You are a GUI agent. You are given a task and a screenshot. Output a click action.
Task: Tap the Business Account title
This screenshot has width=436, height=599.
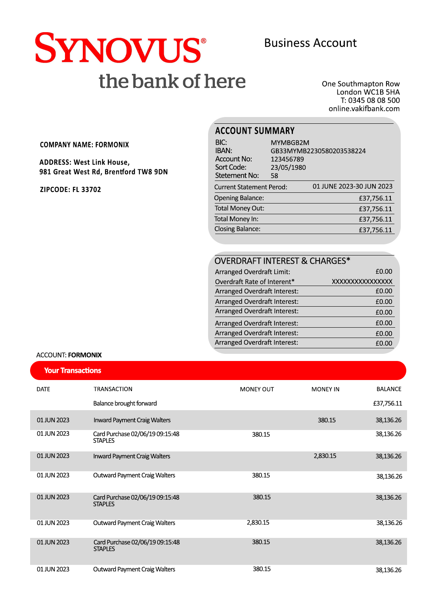point(310,43)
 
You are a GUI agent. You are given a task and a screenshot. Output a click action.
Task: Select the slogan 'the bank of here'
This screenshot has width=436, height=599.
point(172,81)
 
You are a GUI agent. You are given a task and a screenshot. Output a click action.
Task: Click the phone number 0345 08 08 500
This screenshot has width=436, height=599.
point(374,100)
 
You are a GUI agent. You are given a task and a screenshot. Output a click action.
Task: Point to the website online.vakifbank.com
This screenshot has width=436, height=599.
point(364,109)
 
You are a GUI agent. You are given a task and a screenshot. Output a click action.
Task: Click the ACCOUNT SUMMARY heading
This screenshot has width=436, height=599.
point(254,131)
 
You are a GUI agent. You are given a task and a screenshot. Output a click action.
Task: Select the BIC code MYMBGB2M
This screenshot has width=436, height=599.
point(290,143)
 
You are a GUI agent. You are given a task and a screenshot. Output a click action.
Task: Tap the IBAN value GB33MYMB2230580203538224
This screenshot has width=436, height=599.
point(318,151)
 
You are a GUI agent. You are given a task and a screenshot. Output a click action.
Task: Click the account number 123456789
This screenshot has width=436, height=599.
point(287,159)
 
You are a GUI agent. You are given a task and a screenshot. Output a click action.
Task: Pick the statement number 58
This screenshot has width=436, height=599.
point(274,176)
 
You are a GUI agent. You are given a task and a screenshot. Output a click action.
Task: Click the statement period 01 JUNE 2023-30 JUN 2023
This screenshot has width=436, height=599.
point(352,186)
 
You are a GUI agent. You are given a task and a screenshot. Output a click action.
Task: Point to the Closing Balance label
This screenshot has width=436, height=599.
point(237,229)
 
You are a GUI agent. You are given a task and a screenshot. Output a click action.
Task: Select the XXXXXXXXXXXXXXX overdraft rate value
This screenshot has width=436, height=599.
point(362,282)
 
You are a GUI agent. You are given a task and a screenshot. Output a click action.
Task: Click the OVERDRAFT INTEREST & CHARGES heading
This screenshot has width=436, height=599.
point(282,261)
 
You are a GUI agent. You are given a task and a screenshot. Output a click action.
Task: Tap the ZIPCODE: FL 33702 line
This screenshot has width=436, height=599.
point(71,190)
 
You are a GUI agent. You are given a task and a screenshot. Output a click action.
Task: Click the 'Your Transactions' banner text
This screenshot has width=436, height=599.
point(73,371)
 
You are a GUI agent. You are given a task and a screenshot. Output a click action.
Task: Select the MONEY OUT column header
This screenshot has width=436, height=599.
point(257,389)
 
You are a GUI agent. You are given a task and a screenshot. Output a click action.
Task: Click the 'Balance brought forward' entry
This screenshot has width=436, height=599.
point(125,403)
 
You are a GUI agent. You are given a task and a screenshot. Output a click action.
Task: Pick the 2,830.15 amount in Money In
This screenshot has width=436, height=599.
point(325,456)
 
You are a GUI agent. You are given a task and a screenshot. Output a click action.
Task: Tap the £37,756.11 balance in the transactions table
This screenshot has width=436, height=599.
point(387,403)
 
